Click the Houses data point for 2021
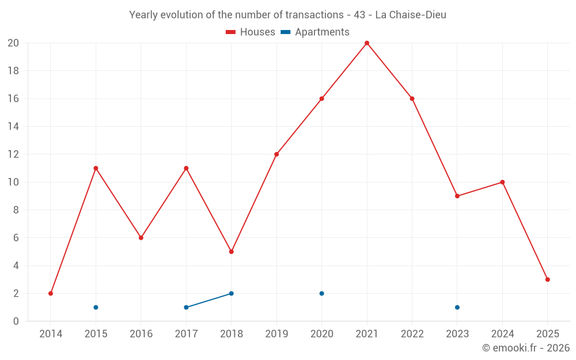[x=367, y=43]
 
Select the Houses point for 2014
[x=51, y=293]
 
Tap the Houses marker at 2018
[x=232, y=252]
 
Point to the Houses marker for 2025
[x=548, y=279]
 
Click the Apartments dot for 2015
[x=96, y=307]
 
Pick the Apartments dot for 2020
[x=322, y=293]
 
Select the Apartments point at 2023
[x=457, y=307]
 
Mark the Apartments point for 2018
[x=232, y=293]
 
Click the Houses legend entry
[x=251, y=32]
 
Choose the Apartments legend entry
[x=315, y=32]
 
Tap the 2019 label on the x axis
[x=276, y=334]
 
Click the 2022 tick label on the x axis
[x=412, y=334]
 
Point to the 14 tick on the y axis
[x=13, y=127]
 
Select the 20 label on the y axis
[x=13, y=43]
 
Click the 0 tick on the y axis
[x=16, y=321]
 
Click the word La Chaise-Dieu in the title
[x=411, y=15]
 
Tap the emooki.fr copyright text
[x=526, y=348]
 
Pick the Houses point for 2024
[x=502, y=182]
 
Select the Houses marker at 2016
[x=141, y=238]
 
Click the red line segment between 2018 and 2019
[x=254, y=203]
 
